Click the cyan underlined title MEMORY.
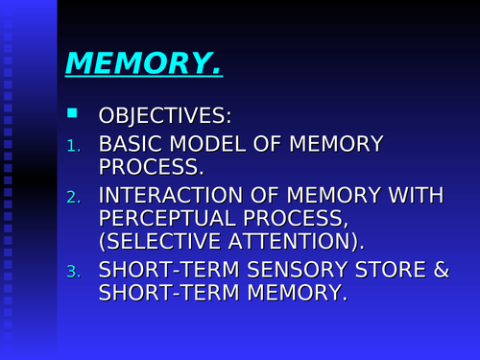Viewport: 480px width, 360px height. pyautogui.click(x=144, y=64)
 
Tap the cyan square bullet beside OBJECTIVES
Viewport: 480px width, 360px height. pyautogui.click(x=71, y=114)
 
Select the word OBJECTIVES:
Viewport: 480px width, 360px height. pyautogui.click(x=164, y=117)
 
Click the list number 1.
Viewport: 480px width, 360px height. pyautogui.click(x=74, y=146)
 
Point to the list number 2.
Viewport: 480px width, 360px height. pyautogui.click(x=74, y=197)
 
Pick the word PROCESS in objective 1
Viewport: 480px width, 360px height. pyautogui.click(x=150, y=167)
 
